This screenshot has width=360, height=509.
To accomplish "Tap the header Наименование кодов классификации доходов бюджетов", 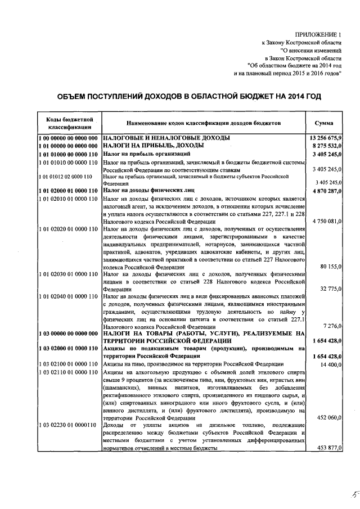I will point(201,123).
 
